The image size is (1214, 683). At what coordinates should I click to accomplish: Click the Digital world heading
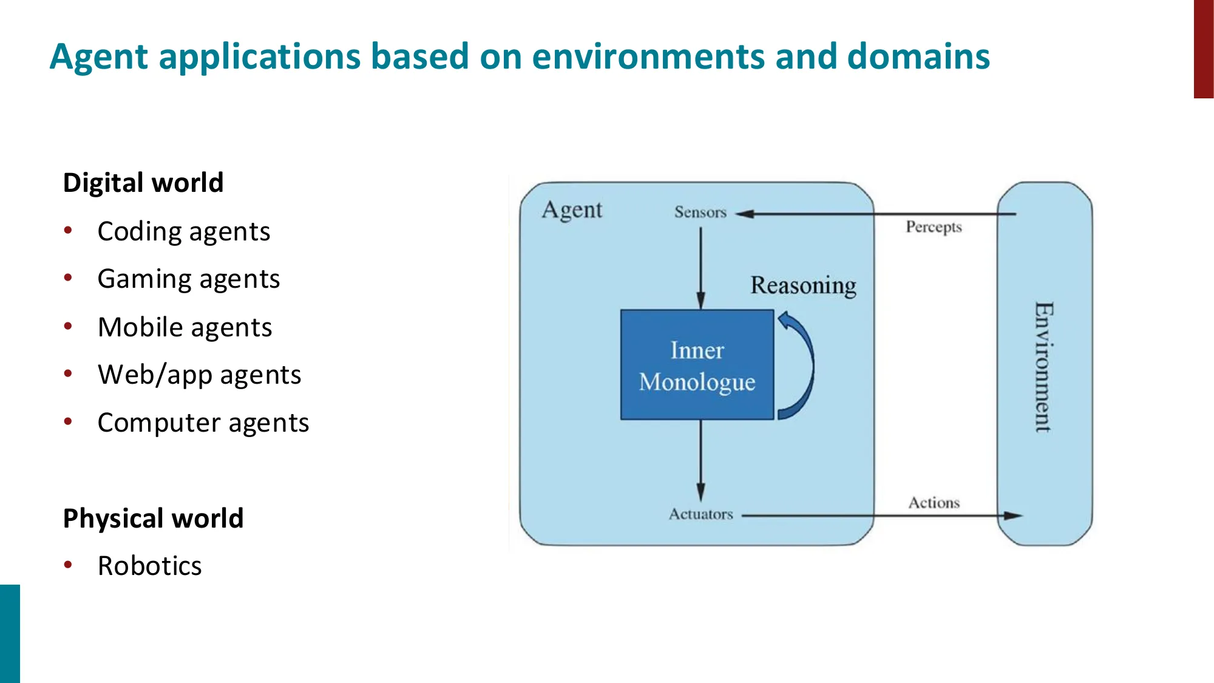(x=143, y=183)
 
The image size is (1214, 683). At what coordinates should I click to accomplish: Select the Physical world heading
(x=153, y=518)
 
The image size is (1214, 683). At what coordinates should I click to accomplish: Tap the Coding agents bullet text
(x=183, y=232)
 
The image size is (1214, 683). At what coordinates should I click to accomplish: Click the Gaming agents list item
(x=188, y=279)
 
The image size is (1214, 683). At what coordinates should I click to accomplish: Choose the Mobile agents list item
(x=185, y=327)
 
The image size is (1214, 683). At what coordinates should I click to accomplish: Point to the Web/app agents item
(x=199, y=375)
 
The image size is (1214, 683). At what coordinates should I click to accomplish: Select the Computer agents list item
(x=203, y=423)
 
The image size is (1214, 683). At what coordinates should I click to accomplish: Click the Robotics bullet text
(x=149, y=566)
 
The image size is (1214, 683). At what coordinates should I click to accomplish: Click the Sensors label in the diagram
(x=700, y=212)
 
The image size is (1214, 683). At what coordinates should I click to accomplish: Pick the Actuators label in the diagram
(x=700, y=514)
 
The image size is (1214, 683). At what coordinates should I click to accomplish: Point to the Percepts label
(x=934, y=227)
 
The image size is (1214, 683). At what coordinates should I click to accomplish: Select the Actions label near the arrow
(x=934, y=503)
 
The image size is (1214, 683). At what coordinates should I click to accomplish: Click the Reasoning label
(x=802, y=285)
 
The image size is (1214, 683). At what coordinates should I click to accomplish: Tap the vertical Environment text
(x=1043, y=367)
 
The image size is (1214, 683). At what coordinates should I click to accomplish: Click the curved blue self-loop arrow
(x=805, y=364)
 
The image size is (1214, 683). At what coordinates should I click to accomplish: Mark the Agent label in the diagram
(x=571, y=210)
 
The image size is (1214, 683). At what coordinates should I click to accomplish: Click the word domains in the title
(x=918, y=56)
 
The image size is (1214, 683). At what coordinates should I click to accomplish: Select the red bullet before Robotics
(x=68, y=565)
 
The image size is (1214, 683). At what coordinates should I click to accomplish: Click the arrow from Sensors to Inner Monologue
(x=700, y=267)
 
